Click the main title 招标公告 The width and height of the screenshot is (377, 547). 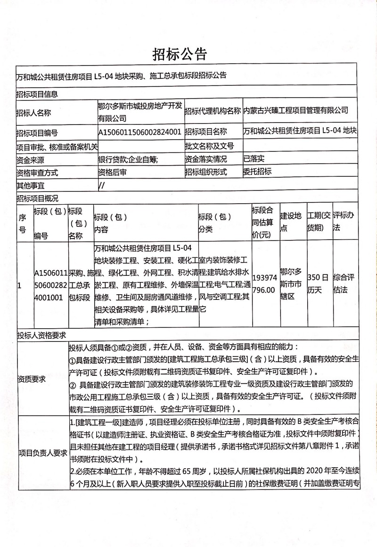[x=180, y=55]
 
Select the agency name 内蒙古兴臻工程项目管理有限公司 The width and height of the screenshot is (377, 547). [x=295, y=111]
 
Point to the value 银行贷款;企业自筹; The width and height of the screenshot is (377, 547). [x=128, y=159]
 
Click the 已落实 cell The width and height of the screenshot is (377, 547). [x=254, y=159]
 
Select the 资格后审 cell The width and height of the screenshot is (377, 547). [x=112, y=172]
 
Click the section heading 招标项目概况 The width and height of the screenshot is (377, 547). [x=37, y=198]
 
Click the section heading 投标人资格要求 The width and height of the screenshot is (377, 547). [x=41, y=335]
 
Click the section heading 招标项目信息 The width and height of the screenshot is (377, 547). [x=37, y=94]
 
